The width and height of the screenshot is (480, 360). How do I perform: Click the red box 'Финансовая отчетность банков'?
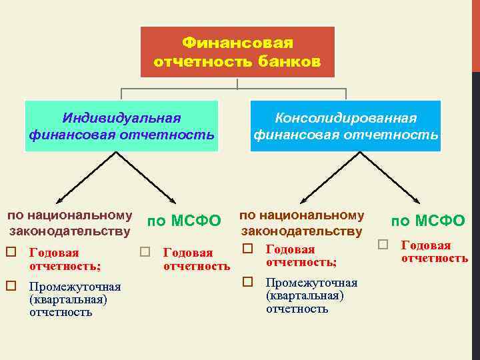click(237, 52)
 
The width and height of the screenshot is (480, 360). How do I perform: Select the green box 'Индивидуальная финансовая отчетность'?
click(121, 127)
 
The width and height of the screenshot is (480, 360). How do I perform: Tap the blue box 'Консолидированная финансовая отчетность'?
click(345, 127)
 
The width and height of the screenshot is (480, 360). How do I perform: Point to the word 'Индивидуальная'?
click(121, 118)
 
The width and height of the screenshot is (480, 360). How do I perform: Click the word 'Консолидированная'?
click(346, 118)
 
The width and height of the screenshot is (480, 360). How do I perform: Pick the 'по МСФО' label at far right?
click(427, 220)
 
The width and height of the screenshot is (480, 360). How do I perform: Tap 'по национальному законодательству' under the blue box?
click(301, 223)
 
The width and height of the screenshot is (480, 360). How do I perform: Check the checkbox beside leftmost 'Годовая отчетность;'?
click(11, 253)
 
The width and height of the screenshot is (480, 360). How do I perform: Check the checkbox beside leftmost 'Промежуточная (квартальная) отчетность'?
click(11, 286)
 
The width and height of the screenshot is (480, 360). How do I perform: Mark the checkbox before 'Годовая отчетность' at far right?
click(383, 245)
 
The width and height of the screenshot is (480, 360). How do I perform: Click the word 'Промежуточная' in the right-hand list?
click(311, 283)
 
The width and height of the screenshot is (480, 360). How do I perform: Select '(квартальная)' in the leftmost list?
click(68, 299)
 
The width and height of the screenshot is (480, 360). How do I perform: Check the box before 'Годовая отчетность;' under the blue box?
click(247, 249)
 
